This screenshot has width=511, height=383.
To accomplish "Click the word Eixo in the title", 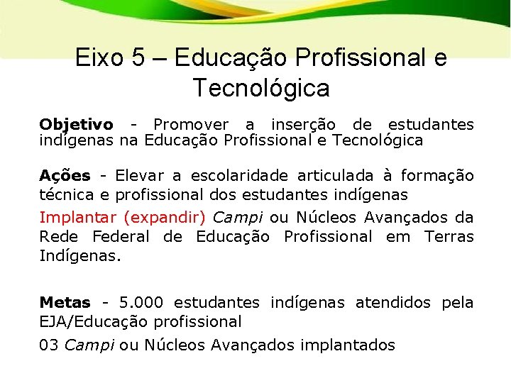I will click(100, 57).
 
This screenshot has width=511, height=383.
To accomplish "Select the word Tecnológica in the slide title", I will click(260, 89).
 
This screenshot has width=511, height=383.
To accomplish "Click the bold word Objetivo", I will click(75, 125).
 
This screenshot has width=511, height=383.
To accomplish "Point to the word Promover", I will click(191, 125).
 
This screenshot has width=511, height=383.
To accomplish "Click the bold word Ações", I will click(65, 175).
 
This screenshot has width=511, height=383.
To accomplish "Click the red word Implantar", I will click(78, 217).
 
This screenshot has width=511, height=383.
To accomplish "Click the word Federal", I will click(121, 236).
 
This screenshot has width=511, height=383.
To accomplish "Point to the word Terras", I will click(449, 236).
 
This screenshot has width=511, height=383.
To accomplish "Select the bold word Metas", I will click(65, 303).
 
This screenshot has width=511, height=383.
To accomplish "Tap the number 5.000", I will click(141, 303).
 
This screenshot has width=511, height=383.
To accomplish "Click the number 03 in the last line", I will click(49, 345).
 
